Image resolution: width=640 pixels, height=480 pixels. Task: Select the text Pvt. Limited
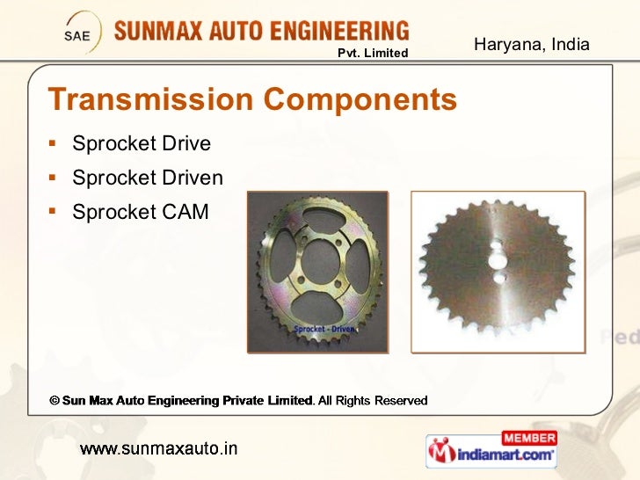pos(374,54)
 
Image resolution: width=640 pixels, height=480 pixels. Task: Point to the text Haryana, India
pos(531,44)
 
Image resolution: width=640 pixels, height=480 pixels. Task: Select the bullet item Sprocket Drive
pos(142,143)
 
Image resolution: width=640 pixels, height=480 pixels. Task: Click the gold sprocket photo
pos(317,272)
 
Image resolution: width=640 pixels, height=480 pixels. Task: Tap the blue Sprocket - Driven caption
pos(325,329)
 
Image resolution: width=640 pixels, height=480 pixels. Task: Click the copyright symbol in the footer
pos(54,401)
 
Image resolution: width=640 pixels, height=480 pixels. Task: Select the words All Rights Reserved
pos(373,401)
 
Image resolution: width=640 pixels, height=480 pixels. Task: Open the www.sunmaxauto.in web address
pos(158,449)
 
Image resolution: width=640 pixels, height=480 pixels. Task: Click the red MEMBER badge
pos(528,437)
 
